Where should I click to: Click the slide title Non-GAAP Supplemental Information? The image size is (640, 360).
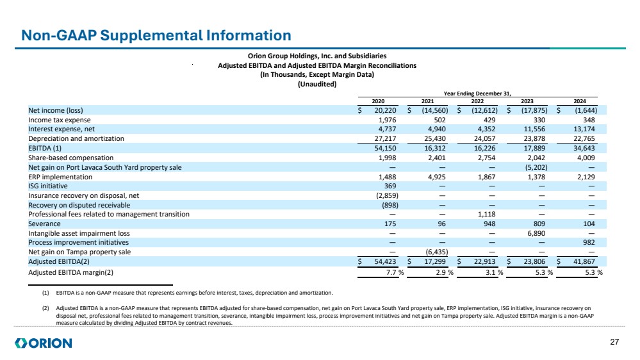(156, 35)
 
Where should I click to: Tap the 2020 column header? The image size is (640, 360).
(379, 101)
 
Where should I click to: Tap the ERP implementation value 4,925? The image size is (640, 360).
(441, 176)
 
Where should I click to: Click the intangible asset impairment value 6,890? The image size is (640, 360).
(539, 233)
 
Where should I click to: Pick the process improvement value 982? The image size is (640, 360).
(587, 242)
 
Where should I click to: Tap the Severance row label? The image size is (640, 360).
(43, 224)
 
